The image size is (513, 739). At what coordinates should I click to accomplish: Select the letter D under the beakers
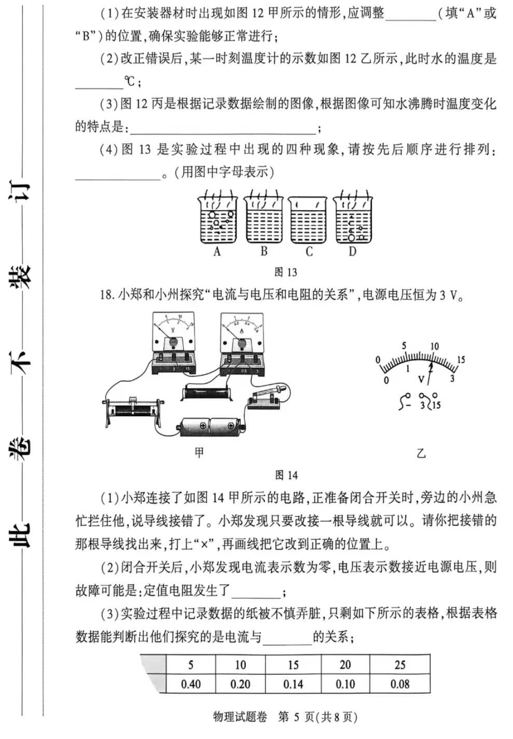coord(353,252)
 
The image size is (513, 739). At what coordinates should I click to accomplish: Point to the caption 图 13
coord(286,272)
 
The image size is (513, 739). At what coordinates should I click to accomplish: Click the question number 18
coord(106,295)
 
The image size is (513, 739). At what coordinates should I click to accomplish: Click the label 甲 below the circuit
coord(199,453)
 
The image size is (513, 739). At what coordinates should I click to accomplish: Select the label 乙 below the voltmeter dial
coord(421,453)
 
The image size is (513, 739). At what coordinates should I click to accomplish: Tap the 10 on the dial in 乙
coord(434,346)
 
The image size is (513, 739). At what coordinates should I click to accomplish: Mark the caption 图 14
coord(286,475)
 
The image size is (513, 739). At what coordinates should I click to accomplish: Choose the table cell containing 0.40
coord(190,684)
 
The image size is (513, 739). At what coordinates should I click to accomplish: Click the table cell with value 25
coord(400,665)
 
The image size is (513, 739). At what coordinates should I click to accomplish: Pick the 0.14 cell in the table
coord(293,684)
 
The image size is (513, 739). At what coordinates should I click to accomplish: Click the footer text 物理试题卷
coord(240,717)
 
